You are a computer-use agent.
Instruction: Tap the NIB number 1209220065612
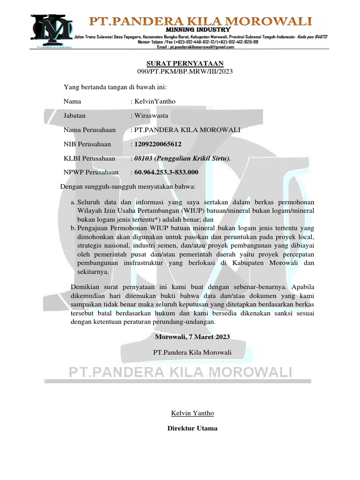click(158, 144)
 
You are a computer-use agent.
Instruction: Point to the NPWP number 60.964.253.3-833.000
click(166, 172)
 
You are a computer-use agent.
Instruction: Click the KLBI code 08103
click(141, 158)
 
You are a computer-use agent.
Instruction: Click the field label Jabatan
click(75, 115)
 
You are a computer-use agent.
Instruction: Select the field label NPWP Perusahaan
click(91, 172)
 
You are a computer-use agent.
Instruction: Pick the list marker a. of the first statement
click(73, 202)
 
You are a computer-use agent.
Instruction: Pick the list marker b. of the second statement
click(73, 227)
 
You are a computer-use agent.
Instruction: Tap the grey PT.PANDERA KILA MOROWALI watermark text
click(180, 372)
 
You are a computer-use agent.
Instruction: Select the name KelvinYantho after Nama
click(155, 101)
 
